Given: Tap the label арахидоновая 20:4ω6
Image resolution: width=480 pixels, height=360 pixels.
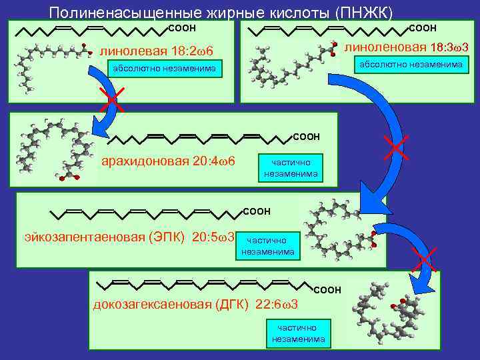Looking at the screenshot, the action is pos(167,161).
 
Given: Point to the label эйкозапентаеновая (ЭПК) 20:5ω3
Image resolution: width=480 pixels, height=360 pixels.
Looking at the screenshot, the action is pos(129,237).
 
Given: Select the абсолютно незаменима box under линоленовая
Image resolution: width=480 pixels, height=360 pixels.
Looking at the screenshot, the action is pos(411,64).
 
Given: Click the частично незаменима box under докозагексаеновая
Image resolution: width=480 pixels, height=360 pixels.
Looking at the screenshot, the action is pos(299,333).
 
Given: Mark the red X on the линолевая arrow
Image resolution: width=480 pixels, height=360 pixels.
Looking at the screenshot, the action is pos(109,99).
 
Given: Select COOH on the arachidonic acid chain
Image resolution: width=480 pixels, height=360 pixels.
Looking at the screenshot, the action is pos(306,137).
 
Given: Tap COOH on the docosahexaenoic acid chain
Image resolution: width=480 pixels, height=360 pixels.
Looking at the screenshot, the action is pos(327,290).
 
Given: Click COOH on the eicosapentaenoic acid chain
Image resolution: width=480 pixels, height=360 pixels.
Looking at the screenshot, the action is pos(257,211).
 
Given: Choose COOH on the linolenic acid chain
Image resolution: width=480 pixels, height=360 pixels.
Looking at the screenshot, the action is pos(422,28).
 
